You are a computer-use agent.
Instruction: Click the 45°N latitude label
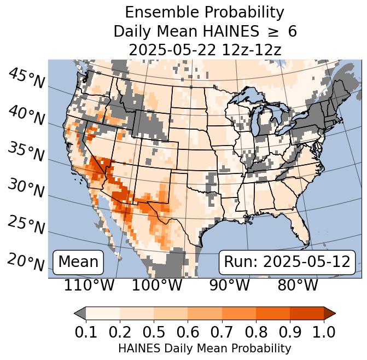pyautogui.click(x=26, y=78)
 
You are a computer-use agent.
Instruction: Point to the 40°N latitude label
pyautogui.click(x=26, y=115)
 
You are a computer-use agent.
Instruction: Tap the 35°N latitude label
pyautogui.click(x=26, y=152)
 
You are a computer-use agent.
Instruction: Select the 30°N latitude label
pyautogui.click(x=26, y=188)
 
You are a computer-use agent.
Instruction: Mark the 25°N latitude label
pyautogui.click(x=26, y=224)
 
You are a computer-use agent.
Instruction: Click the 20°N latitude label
pyautogui.click(x=26, y=262)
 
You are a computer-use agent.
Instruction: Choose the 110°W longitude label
pyautogui.click(x=89, y=285)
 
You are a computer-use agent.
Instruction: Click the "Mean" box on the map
pyautogui.click(x=78, y=262)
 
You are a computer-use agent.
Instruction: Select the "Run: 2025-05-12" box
pyautogui.click(x=287, y=262)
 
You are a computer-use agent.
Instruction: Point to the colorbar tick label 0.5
pyautogui.click(x=154, y=332)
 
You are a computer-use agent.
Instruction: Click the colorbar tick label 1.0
pyautogui.click(x=323, y=332)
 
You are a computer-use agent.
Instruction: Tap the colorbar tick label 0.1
pyautogui.click(x=86, y=332)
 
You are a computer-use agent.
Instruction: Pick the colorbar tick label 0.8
pyautogui.click(x=255, y=332)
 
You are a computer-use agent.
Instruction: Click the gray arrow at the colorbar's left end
pyautogui.click(x=80, y=313)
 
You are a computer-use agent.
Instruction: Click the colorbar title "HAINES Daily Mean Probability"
pyautogui.click(x=205, y=348)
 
